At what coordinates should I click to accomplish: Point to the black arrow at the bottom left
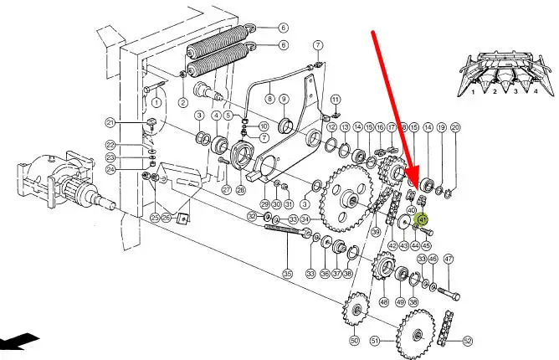(x=18, y=342)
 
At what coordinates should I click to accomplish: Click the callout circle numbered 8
(x=269, y=99)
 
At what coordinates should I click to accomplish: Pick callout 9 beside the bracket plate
(x=284, y=99)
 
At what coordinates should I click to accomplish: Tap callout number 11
(x=335, y=100)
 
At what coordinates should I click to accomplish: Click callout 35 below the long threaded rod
(x=287, y=273)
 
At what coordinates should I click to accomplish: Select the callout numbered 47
(x=449, y=259)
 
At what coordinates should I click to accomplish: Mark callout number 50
(x=353, y=340)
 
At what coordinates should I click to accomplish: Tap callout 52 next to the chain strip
(x=467, y=340)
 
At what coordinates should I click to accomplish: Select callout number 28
(x=241, y=190)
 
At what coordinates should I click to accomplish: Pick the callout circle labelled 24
(x=133, y=167)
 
